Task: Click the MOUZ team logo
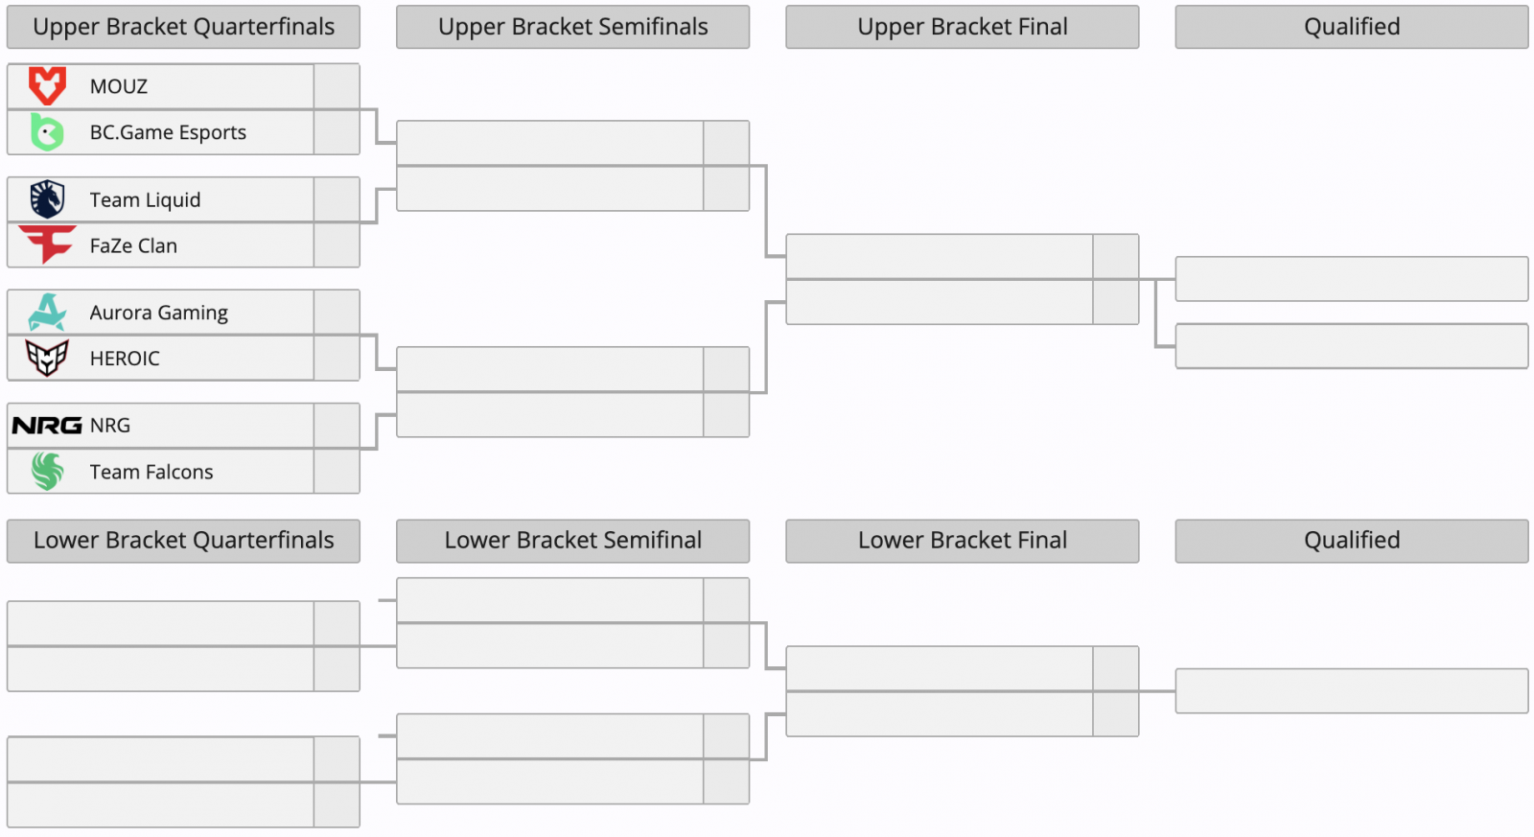[47, 85]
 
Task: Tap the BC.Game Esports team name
[168, 132]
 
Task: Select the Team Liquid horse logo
[47, 199]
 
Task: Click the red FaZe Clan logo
[47, 244]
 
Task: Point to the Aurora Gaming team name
[159, 313]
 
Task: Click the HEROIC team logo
[47, 358]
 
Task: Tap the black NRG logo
[47, 426]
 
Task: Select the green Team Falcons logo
[47, 472]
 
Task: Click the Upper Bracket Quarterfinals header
[183, 27]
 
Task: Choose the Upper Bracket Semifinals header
[573, 27]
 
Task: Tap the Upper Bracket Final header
[963, 27]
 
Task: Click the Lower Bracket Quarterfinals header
[183, 541]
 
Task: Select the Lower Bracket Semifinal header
[573, 541]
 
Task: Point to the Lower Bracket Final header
[963, 541]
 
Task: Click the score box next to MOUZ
[337, 86]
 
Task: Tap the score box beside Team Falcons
[337, 472]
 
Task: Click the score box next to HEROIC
[337, 358]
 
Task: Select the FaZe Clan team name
[133, 245]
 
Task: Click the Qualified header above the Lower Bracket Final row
[1352, 541]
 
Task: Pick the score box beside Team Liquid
[337, 199]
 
